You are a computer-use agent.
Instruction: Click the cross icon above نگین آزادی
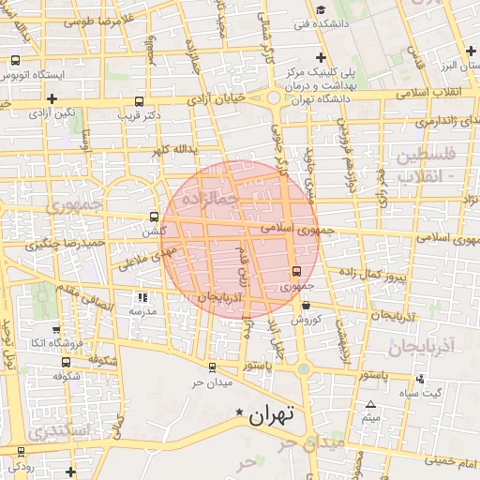click(52, 98)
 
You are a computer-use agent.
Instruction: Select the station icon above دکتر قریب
click(140, 101)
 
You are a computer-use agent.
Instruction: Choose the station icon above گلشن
click(155, 217)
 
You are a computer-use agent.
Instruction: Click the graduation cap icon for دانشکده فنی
click(321, 11)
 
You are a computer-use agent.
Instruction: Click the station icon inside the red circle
click(297, 271)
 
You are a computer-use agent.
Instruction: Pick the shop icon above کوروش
click(306, 305)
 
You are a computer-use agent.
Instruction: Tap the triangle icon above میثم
click(370, 405)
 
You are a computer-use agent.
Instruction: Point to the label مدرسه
click(142, 310)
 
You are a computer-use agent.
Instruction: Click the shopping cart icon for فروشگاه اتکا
click(56, 330)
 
